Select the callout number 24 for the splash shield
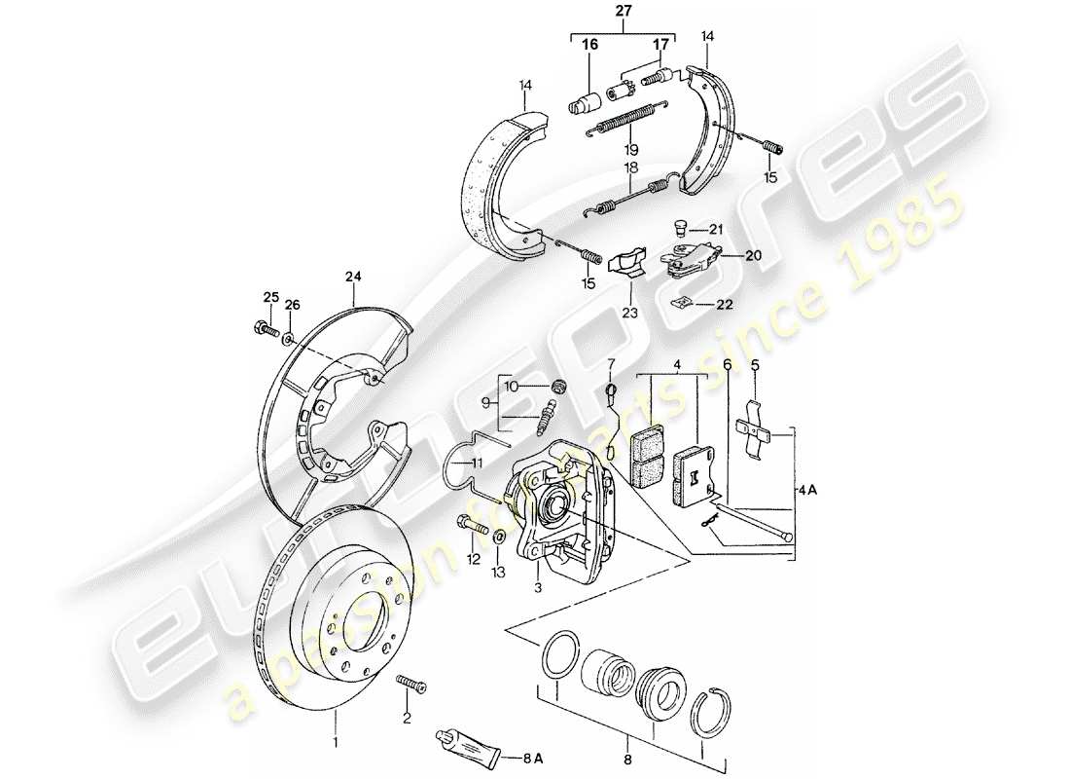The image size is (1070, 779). point(354,278)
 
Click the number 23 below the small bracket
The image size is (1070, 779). point(629,314)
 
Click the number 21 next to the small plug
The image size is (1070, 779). point(716,229)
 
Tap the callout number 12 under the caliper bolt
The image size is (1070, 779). point(474,559)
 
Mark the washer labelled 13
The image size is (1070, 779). point(499,538)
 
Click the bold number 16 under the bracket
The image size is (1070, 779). point(590,45)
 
